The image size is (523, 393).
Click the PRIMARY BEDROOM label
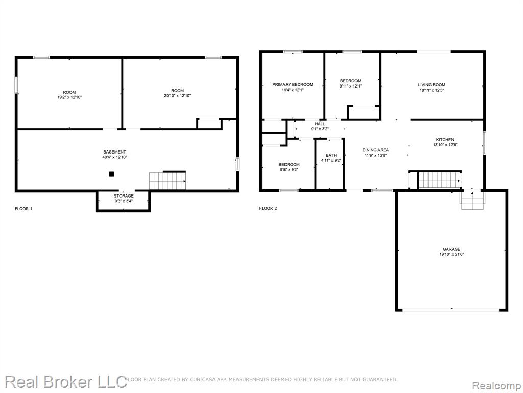click(293, 84)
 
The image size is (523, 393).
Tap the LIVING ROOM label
click(432, 85)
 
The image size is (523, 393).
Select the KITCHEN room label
click(445, 140)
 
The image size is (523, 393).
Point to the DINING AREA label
click(375, 150)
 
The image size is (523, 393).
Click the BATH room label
click(331, 155)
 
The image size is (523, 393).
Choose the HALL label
click(320, 124)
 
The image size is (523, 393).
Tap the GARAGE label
click(451, 249)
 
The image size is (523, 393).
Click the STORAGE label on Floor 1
click(124, 196)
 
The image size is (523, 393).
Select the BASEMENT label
click(114, 152)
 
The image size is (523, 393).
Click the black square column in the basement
click(112, 174)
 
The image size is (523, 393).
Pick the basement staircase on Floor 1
click(168, 181)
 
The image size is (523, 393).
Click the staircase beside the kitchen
click(440, 181)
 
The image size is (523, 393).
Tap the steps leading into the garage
click(472, 201)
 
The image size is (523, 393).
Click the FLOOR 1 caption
click(23, 209)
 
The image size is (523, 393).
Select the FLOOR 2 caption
click(268, 209)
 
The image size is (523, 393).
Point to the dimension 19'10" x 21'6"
click(451, 254)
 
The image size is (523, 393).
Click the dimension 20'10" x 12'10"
click(177, 96)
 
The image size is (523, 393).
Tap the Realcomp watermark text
click(496, 386)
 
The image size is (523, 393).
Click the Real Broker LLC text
click(66, 382)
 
